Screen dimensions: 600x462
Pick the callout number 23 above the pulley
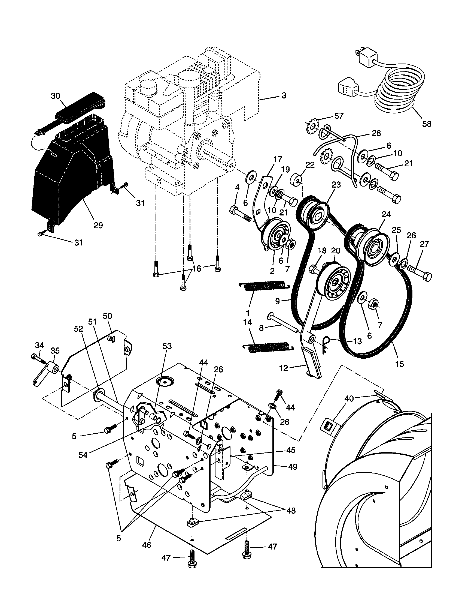336,185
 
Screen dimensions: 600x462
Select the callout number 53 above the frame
167,346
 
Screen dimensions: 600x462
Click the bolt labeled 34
36,358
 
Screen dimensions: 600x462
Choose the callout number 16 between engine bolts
197,268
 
